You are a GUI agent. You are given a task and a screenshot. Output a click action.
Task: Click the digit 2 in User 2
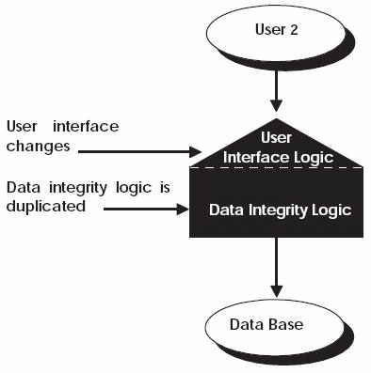(294, 29)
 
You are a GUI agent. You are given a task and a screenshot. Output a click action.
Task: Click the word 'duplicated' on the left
(43, 205)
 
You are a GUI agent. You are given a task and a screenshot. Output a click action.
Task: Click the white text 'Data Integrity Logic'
(280, 210)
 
